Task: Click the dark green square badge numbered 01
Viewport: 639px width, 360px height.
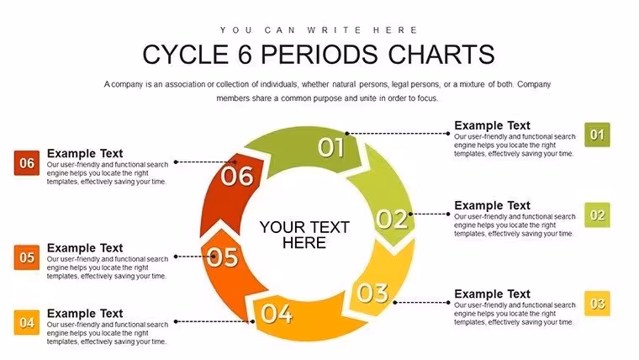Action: click(x=597, y=135)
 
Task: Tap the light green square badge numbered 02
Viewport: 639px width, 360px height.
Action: click(x=597, y=214)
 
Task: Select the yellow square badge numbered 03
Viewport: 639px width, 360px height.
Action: click(x=597, y=304)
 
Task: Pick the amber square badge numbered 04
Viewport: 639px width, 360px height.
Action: click(x=27, y=322)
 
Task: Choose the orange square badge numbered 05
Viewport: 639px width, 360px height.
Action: click(x=27, y=257)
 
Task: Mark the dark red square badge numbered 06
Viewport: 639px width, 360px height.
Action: click(x=27, y=163)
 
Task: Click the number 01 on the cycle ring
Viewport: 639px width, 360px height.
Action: click(x=331, y=147)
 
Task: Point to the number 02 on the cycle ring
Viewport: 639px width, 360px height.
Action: click(x=392, y=219)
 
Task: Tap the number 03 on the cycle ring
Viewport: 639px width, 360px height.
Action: click(x=372, y=293)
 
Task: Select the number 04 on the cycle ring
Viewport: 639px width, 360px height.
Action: click(x=277, y=314)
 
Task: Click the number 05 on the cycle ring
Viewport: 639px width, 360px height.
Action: click(x=223, y=257)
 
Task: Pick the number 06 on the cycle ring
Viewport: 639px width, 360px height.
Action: click(x=237, y=177)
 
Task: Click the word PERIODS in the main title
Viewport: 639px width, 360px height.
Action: click(x=319, y=54)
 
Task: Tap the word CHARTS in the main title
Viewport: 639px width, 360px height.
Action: click(x=441, y=54)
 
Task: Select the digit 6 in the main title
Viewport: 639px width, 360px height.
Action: click(x=245, y=54)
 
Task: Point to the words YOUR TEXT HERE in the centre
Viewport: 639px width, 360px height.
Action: click(x=304, y=235)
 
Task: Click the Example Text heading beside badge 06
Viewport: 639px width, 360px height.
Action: click(x=85, y=153)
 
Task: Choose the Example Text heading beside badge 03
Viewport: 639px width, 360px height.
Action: click(x=493, y=294)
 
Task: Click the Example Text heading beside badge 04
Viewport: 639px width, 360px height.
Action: click(x=85, y=313)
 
